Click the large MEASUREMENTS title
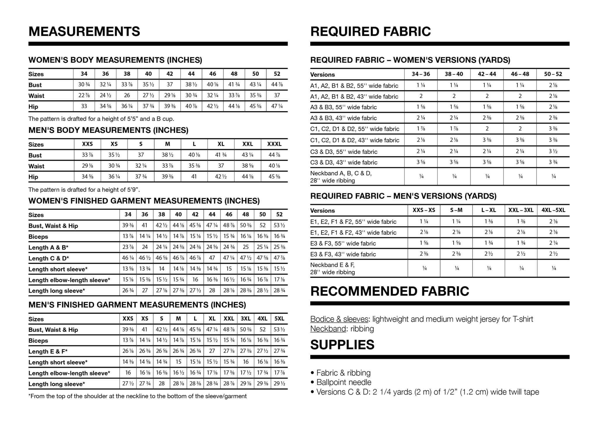pyautogui.click(x=84, y=32)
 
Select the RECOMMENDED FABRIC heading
pyautogui.click(x=390, y=291)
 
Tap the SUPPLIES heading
pyautogui.click(x=342, y=345)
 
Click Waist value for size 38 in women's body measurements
pyautogui.click(x=127, y=95)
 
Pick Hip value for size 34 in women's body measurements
pyautogui.click(x=84, y=106)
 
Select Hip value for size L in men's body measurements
pyautogui.click(x=194, y=176)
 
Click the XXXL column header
pyautogui.click(x=274, y=144)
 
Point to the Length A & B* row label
pyautogui.click(x=48, y=247)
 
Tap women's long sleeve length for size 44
pyautogui.click(x=212, y=290)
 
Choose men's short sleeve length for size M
pyautogui.click(x=178, y=362)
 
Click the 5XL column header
pyautogui.click(x=279, y=319)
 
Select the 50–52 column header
pyautogui.click(x=553, y=74)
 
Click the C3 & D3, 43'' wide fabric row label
pyautogui.click(x=344, y=162)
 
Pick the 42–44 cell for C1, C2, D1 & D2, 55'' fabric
pyautogui.click(x=487, y=129)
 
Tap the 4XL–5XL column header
pyautogui.click(x=553, y=210)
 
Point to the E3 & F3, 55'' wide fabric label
pyautogui.click(x=343, y=243)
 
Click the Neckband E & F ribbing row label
pyautogui.click(x=333, y=268)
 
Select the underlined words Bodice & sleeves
pyautogui.click(x=339, y=319)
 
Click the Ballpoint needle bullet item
pyautogui.click(x=344, y=382)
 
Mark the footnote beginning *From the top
pyautogui.click(x=137, y=396)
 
